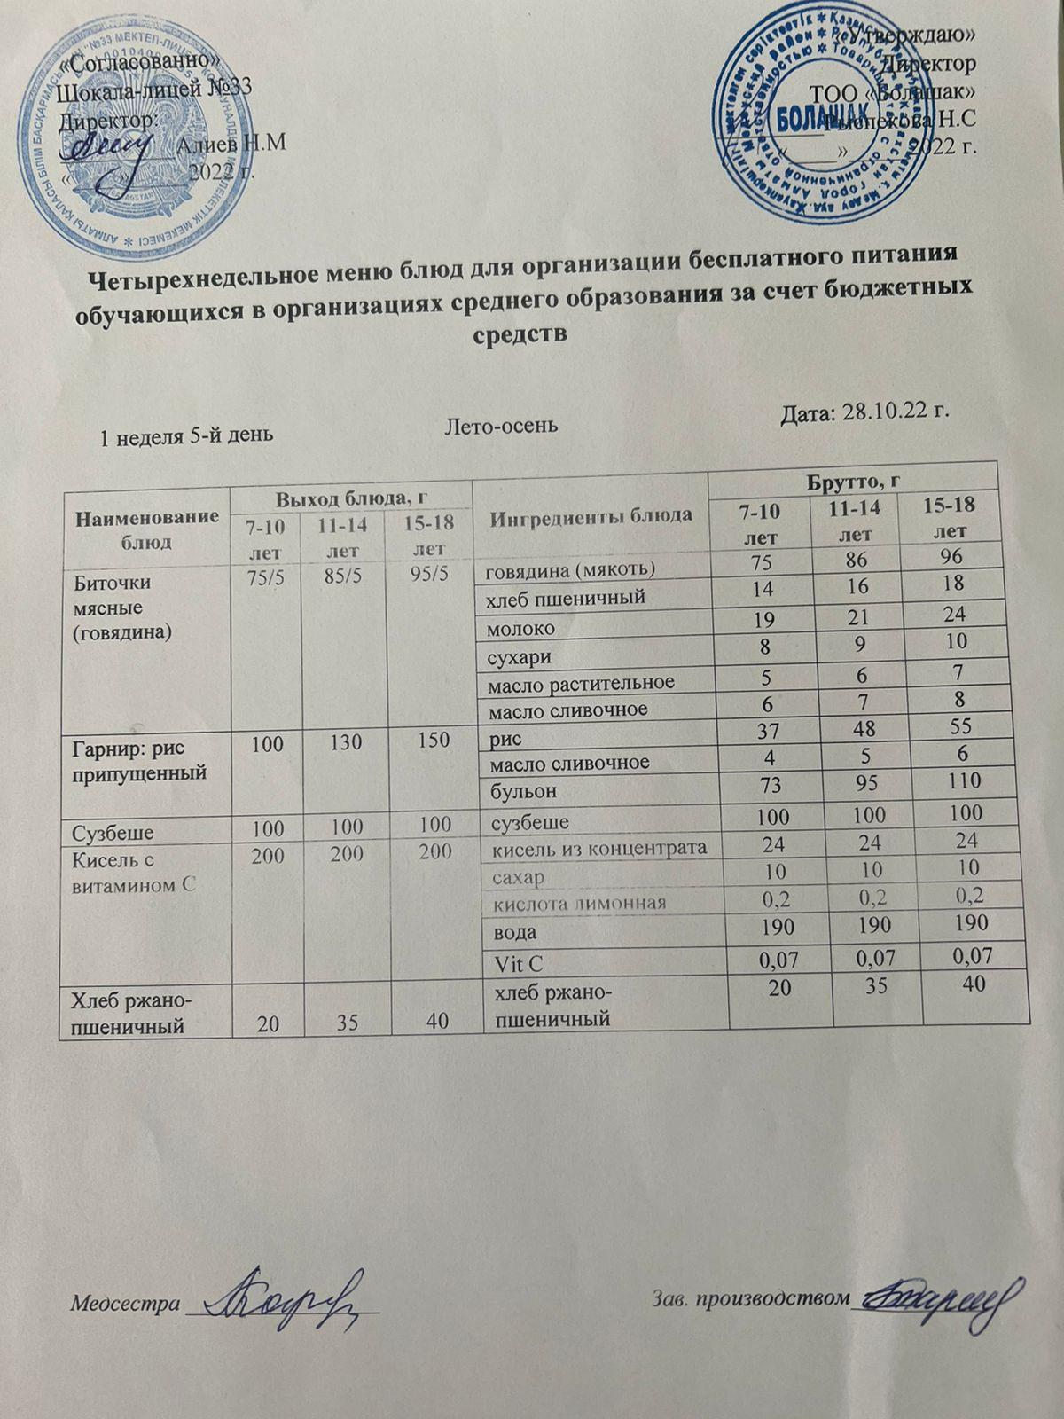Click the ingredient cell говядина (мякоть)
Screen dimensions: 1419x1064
pyautogui.click(x=567, y=568)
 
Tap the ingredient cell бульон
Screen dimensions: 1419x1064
pyautogui.click(x=519, y=788)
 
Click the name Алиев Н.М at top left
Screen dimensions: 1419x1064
pyautogui.click(x=232, y=144)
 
